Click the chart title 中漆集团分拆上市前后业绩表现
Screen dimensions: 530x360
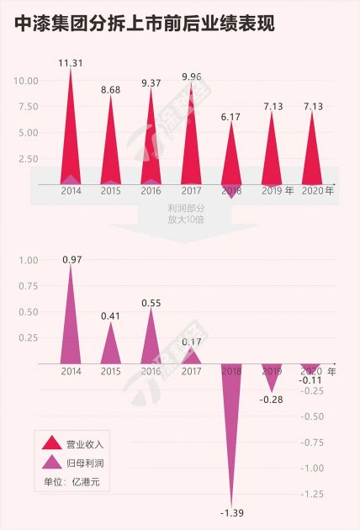click(x=144, y=24)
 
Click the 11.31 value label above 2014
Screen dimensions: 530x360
click(x=70, y=61)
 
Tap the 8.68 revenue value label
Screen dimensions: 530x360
click(x=110, y=89)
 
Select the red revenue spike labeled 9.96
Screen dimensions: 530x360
click(x=191, y=135)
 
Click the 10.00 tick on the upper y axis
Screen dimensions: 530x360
click(x=26, y=81)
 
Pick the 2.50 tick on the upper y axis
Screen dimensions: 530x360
click(x=29, y=159)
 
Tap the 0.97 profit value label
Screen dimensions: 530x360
click(x=71, y=260)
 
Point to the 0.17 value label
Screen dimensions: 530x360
click(x=191, y=342)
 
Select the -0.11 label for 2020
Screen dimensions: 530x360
click(x=312, y=379)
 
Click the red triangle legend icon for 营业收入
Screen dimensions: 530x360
click(x=51, y=443)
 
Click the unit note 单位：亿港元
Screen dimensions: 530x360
click(x=77, y=482)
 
